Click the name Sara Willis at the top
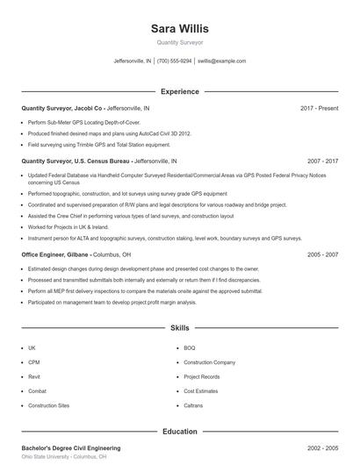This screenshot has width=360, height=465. click(179, 28)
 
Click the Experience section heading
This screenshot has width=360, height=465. click(179, 91)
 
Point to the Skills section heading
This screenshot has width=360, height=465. click(179, 327)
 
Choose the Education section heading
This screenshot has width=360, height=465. click(179, 431)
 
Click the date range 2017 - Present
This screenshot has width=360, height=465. click(319, 108)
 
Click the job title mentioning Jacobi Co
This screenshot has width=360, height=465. click(85, 108)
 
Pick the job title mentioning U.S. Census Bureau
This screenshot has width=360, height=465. click(98, 161)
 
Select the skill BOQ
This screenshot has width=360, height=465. click(190, 347)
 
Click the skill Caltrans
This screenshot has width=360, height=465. click(193, 405)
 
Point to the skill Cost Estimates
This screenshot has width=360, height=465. click(200, 391)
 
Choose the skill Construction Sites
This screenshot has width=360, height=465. click(48, 405)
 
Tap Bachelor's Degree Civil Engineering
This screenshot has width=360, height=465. click(70, 448)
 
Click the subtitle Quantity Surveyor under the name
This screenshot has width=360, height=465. click(179, 42)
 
